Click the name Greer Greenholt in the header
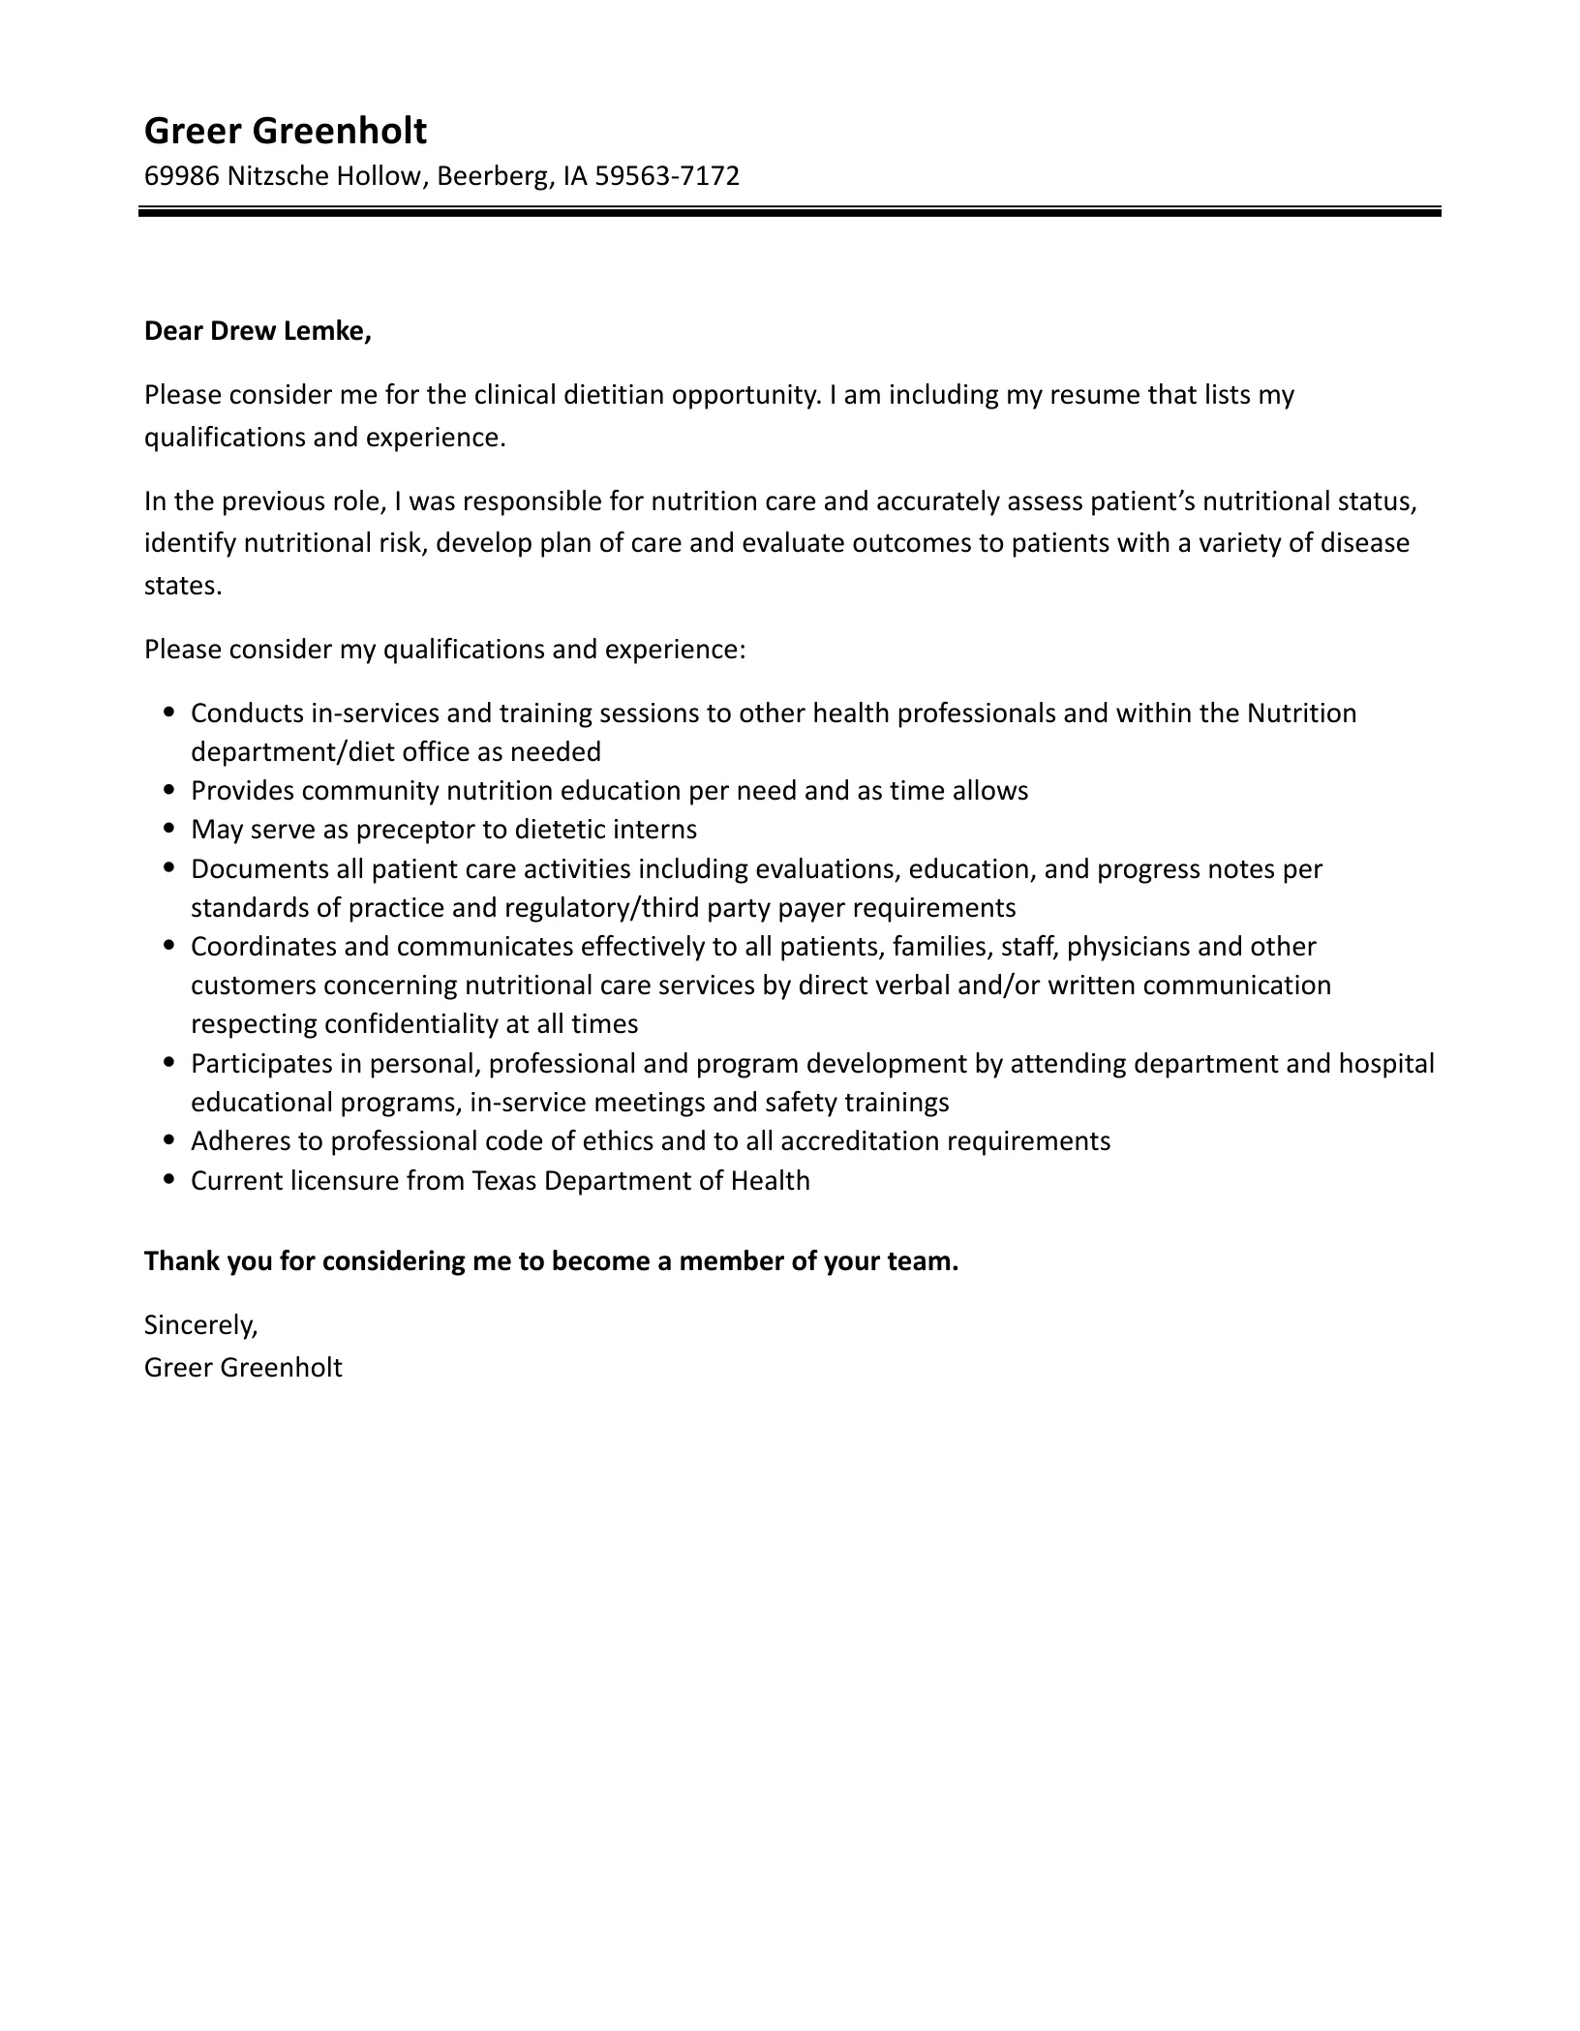pos(285,131)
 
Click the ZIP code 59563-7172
pos(667,176)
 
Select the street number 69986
pos(182,176)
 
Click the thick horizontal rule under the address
pos(789,211)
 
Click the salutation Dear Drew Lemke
pos(258,331)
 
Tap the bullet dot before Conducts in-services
pos(170,712)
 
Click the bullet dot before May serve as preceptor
pos(170,829)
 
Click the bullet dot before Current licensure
pos(170,1180)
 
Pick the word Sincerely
pos(200,1325)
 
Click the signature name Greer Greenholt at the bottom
pos(243,1368)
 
